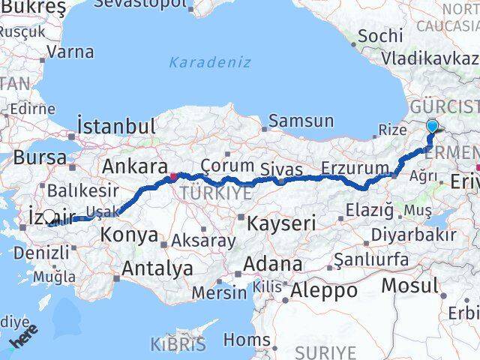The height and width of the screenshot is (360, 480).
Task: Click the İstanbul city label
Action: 116,125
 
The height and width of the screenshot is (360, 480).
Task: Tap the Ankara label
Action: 134,166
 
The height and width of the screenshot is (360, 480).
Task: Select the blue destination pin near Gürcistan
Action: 432,126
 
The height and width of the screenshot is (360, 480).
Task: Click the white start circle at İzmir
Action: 49,217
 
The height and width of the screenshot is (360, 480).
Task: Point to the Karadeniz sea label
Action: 210,62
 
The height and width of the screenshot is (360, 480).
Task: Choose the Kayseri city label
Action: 283,223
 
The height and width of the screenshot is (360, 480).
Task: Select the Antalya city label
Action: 157,268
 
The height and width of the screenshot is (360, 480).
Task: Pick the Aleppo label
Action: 325,289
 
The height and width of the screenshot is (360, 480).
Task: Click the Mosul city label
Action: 409,286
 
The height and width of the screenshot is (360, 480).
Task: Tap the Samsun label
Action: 301,121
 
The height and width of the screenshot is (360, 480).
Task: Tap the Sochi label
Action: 380,35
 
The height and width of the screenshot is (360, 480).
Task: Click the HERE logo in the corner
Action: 22,339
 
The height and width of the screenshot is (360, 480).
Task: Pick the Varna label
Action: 70,52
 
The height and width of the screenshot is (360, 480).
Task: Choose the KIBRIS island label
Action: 178,345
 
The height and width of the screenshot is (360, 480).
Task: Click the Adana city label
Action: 277,264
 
